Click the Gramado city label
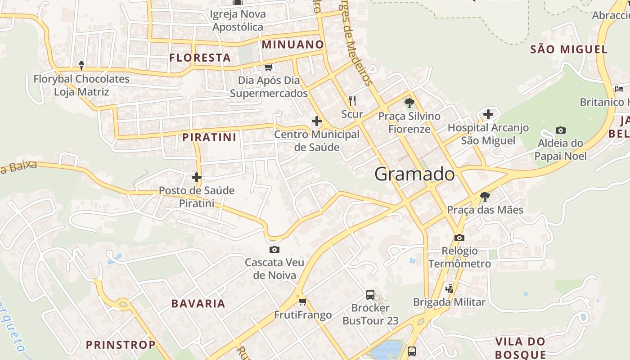tap(414, 174)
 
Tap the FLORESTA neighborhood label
tap(200, 58)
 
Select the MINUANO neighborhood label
tap(292, 45)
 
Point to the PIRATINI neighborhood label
tap(209, 137)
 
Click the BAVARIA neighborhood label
tap(198, 303)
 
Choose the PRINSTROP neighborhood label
tap(121, 345)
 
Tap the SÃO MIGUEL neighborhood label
tap(569, 49)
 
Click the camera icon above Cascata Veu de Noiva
tap(274, 249)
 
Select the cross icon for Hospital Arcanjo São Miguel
tap(488, 114)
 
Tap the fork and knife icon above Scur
tap(352, 100)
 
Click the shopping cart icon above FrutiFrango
tap(302, 301)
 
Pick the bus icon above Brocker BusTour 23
tap(370, 295)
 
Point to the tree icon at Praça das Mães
tap(485, 196)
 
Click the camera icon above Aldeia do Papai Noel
tap(560, 130)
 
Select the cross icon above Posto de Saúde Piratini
tap(197, 177)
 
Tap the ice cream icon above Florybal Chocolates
tap(81, 66)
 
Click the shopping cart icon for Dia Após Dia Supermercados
tap(269, 67)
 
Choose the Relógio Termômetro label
tap(459, 257)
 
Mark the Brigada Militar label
tap(449, 302)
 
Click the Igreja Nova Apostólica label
tap(238, 20)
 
